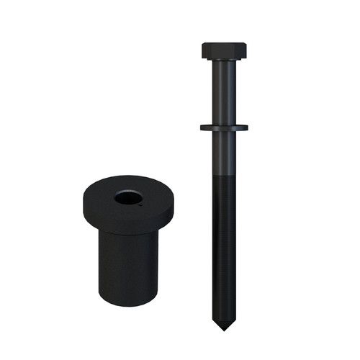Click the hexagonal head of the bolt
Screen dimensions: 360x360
(224, 51)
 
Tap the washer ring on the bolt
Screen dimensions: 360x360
(224, 128)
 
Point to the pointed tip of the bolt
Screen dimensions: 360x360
(224, 328)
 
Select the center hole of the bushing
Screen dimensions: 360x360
(127, 197)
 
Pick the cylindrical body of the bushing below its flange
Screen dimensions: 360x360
(126, 263)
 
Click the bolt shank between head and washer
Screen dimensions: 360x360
(224, 94)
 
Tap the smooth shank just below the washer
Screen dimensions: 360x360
(224, 151)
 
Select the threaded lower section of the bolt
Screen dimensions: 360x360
(224, 245)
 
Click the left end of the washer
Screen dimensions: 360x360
(202, 128)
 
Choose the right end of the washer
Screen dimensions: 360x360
(246, 128)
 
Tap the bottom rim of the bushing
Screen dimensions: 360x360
(126, 301)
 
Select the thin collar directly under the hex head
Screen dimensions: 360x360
(224, 61)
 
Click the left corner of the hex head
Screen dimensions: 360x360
(204, 51)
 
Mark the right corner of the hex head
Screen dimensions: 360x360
(245, 51)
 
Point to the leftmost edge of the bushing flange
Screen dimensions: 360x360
(81, 205)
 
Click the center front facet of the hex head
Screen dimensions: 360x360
(224, 53)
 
